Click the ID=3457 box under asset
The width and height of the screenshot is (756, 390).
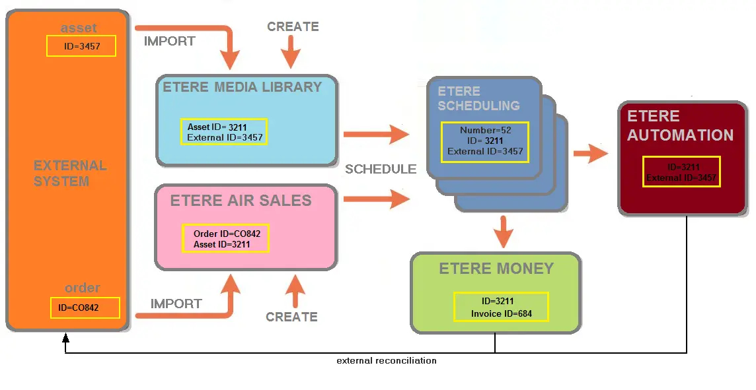(81, 46)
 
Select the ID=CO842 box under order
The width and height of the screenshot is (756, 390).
(85, 308)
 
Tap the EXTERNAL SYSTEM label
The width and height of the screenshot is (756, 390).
(70, 173)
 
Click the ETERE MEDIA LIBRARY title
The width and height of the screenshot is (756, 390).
(242, 87)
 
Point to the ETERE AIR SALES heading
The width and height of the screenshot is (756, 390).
(241, 201)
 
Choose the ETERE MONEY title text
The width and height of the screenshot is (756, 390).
(496, 269)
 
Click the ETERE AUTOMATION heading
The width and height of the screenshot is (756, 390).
(680, 125)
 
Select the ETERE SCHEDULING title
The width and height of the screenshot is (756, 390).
(478, 98)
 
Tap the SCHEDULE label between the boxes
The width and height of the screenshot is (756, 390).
(381, 169)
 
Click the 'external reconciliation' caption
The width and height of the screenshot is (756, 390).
(387, 360)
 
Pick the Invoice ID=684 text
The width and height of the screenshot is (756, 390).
(502, 313)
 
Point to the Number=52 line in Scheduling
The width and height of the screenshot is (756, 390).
(485, 130)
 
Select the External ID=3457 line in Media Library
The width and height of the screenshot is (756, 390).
(225, 138)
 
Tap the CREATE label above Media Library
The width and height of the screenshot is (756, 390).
(293, 26)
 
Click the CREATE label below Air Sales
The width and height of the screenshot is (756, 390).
(291, 317)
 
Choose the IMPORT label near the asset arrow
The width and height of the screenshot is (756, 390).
(170, 41)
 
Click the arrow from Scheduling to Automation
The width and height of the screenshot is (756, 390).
(590, 154)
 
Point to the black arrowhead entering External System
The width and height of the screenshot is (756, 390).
(65, 339)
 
